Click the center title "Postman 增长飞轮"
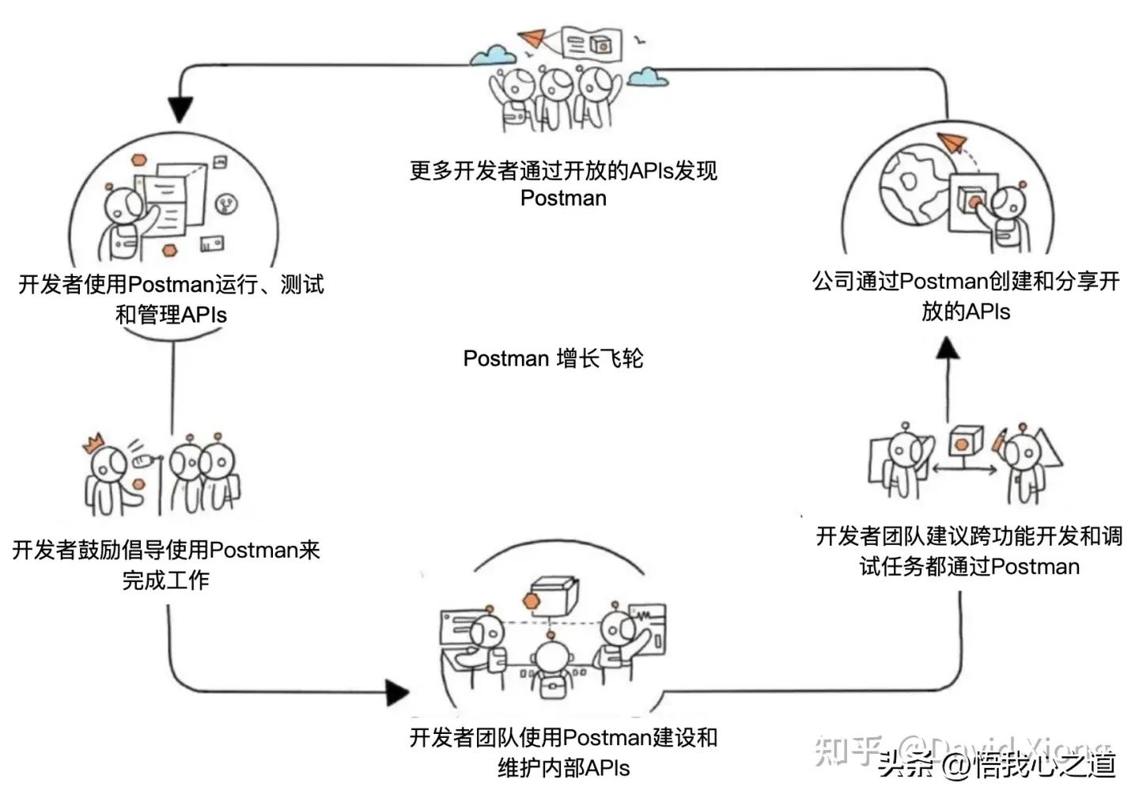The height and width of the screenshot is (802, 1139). pyautogui.click(x=553, y=358)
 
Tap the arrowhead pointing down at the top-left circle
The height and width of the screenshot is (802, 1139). pyautogui.click(x=181, y=110)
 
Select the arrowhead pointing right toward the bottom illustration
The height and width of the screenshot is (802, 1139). pyautogui.click(x=397, y=693)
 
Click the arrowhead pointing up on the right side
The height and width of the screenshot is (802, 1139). pyautogui.click(x=948, y=349)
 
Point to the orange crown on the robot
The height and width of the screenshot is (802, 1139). pyautogui.click(x=95, y=441)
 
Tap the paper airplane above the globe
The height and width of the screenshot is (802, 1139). pyautogui.click(x=953, y=142)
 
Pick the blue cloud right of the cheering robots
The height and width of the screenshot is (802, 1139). pyautogui.click(x=648, y=77)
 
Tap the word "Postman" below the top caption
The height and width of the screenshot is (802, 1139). pyautogui.click(x=563, y=198)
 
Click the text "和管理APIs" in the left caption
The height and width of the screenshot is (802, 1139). pyautogui.click(x=171, y=315)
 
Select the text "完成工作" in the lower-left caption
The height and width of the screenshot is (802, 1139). pyautogui.click(x=166, y=580)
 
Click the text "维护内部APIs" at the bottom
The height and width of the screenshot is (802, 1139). pyautogui.click(x=563, y=767)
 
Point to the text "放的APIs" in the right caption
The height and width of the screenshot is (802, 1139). pyautogui.click(x=966, y=311)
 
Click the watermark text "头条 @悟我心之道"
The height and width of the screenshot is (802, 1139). pyautogui.click(x=997, y=764)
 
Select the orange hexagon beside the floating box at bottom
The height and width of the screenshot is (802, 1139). pyautogui.click(x=531, y=602)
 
